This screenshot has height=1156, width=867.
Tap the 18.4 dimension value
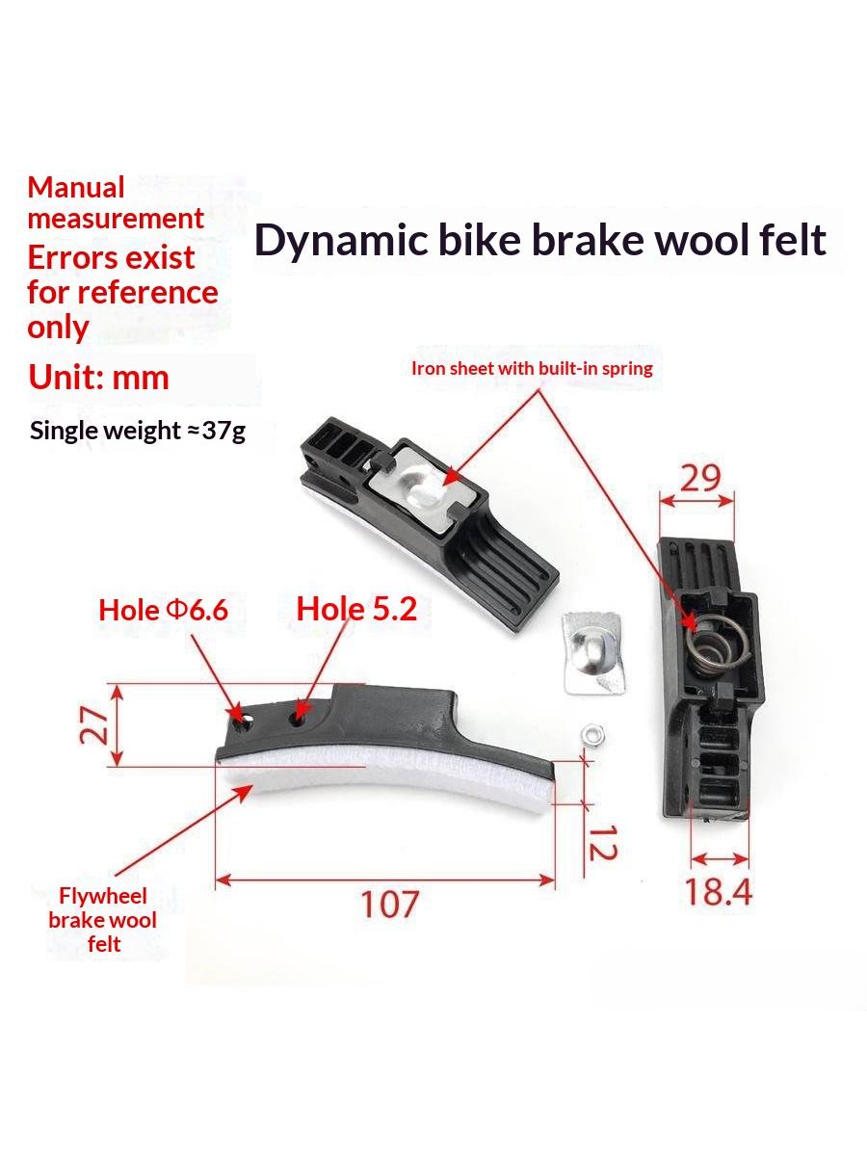tap(718, 892)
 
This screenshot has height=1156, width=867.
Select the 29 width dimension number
tap(700, 478)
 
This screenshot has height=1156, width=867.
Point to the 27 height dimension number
tap(93, 724)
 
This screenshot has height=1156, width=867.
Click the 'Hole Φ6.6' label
tap(163, 611)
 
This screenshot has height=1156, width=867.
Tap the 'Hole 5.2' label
tap(356, 610)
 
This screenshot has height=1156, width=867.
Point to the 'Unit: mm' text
tap(98, 378)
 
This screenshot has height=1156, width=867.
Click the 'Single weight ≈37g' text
tap(138, 432)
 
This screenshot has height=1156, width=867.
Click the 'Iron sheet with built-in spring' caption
tap(532, 368)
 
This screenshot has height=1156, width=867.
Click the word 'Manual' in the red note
tap(76, 188)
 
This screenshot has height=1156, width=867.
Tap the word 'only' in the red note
tap(58, 328)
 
